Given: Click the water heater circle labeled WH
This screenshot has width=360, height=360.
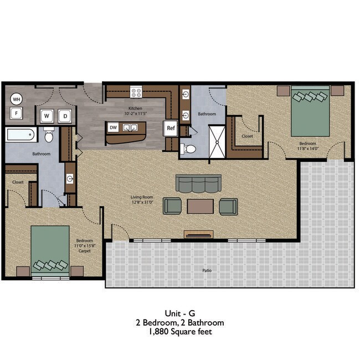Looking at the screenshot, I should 17,99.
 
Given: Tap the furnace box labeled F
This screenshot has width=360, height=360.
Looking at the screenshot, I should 17,114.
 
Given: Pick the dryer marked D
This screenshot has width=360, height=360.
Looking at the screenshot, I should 65,116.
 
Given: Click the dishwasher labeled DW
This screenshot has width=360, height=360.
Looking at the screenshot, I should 113,127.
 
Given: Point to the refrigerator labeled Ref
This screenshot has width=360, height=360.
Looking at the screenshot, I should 171,128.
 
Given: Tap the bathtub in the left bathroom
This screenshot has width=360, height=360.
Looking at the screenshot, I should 20,135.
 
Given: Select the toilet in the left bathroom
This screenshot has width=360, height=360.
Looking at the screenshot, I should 48,135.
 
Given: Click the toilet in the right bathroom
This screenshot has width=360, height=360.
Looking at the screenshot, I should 188,148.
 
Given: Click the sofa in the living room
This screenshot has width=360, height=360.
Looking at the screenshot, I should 198,183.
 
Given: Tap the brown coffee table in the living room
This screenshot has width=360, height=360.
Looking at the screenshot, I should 200,206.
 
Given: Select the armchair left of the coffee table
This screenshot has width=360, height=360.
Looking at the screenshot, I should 172,206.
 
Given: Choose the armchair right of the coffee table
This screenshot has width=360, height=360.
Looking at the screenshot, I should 228,206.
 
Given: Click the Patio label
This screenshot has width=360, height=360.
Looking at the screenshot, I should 206,271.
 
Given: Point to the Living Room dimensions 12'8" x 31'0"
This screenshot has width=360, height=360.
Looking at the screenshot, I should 142,202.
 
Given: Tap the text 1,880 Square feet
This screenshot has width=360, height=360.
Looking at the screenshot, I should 180,332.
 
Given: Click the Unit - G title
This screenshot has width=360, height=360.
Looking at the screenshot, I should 180,312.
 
